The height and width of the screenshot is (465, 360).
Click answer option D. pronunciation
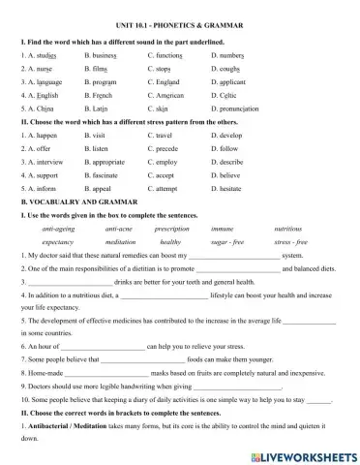[x=237, y=110]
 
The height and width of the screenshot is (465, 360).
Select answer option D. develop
[x=229, y=137]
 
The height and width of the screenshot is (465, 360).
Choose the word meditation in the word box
[x=120, y=242]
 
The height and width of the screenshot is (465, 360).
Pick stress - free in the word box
[x=288, y=242]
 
